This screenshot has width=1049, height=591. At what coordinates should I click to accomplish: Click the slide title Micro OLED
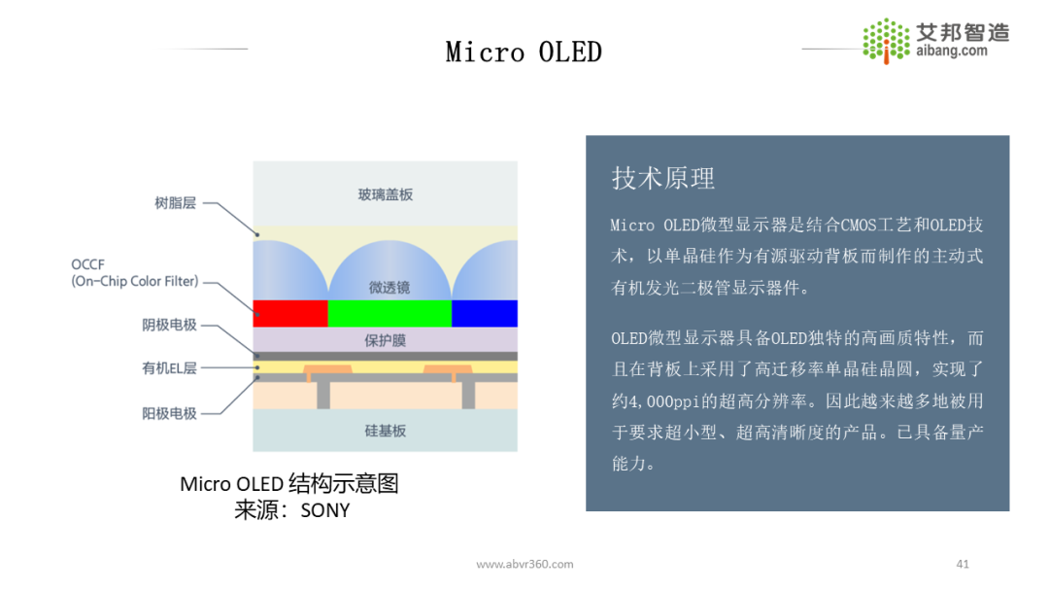pyautogui.click(x=524, y=52)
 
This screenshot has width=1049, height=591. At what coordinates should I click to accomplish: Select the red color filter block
pyautogui.click(x=290, y=313)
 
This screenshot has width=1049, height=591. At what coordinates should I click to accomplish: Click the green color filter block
pyautogui.click(x=389, y=313)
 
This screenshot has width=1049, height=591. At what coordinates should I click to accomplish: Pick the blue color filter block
pyautogui.click(x=485, y=313)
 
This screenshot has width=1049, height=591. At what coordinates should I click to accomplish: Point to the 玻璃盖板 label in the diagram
pyautogui.click(x=386, y=194)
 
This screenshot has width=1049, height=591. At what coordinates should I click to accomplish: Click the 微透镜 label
pyautogui.click(x=389, y=287)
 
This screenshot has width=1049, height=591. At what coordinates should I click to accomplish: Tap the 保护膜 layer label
pyautogui.click(x=385, y=340)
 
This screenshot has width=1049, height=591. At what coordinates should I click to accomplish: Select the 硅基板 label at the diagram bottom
pyautogui.click(x=386, y=430)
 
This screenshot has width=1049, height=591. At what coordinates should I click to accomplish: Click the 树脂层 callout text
pyautogui.click(x=175, y=203)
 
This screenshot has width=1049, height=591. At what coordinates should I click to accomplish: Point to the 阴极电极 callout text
pyautogui.click(x=169, y=325)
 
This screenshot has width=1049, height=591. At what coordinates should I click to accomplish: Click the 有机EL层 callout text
pyautogui.click(x=169, y=368)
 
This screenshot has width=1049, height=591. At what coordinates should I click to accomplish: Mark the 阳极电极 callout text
pyautogui.click(x=169, y=413)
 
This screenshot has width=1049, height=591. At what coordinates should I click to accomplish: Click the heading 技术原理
pyautogui.click(x=663, y=178)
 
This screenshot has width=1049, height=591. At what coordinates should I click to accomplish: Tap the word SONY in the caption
pyautogui.click(x=324, y=509)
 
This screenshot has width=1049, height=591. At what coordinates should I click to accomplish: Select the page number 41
pyautogui.click(x=963, y=564)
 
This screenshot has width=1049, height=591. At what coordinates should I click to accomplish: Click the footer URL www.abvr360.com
pyautogui.click(x=524, y=564)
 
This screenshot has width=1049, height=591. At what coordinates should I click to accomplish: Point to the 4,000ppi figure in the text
pyautogui.click(x=668, y=400)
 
